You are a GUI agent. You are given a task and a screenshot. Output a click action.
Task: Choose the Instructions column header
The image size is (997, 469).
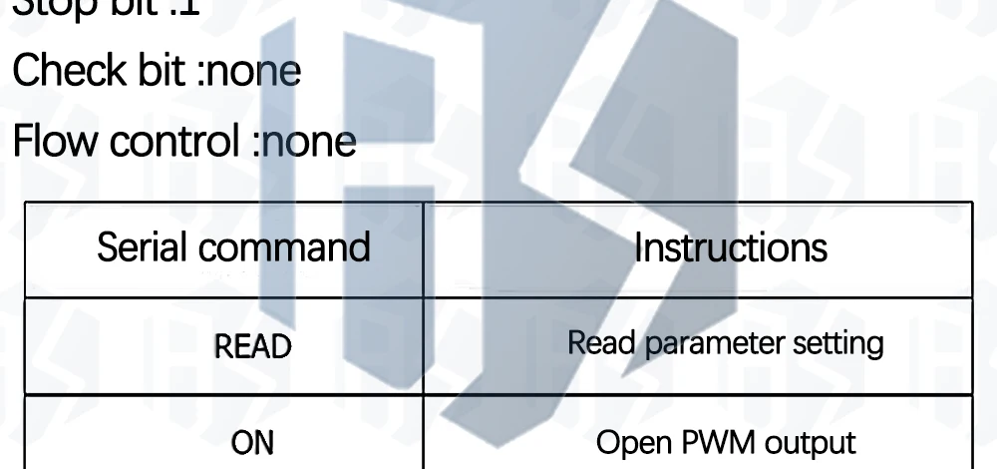[x=731, y=246]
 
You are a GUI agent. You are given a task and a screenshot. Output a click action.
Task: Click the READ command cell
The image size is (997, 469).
[x=253, y=346]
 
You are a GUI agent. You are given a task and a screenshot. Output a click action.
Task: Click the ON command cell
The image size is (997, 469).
[x=253, y=442]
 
